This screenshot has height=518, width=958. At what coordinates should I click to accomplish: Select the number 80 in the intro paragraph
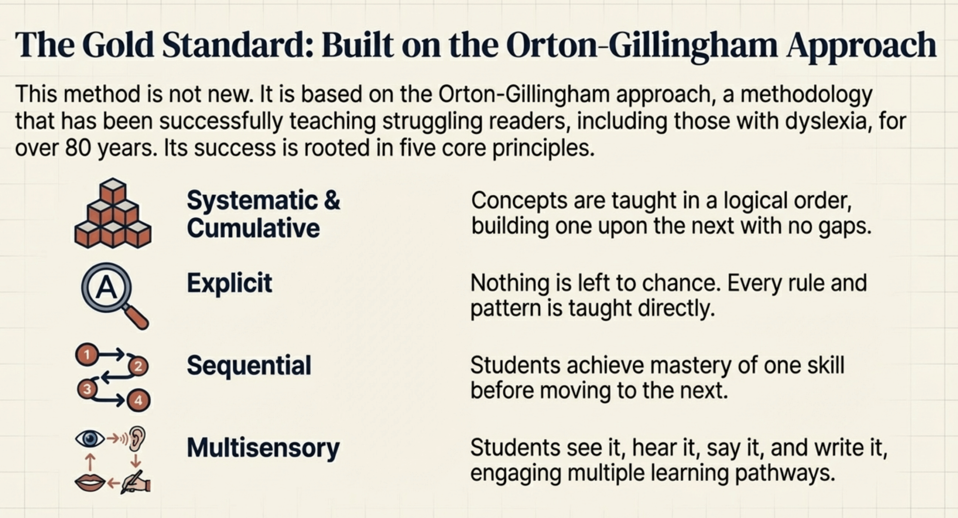(x=78, y=148)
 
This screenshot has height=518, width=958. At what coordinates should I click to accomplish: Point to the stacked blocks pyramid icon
(x=113, y=213)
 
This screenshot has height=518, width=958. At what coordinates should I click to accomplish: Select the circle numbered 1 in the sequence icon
(x=87, y=354)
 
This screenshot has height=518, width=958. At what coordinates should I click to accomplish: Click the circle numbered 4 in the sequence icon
(x=138, y=401)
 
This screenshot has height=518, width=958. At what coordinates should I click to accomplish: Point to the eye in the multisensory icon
(x=90, y=438)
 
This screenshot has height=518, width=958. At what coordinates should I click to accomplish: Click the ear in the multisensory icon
(x=137, y=439)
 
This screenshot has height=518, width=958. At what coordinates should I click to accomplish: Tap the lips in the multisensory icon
(x=90, y=482)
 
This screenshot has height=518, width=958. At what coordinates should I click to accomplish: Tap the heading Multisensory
(x=263, y=448)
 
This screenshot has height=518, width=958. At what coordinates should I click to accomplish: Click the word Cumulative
(x=253, y=228)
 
